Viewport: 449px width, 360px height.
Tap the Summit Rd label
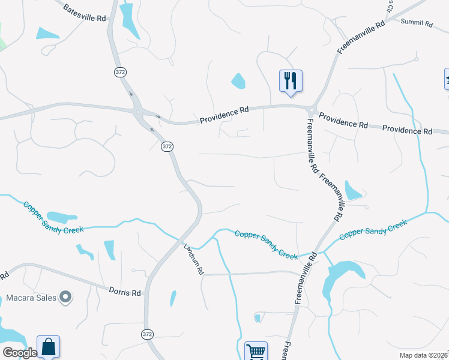click(417, 23)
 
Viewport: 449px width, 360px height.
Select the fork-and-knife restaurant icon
click(291, 80)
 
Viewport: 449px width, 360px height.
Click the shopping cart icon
click(256, 351)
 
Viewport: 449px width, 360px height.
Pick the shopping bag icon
click(48, 347)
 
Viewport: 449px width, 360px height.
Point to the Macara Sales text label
click(31, 298)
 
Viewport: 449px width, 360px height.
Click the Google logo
click(19, 353)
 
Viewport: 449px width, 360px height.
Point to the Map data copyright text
click(424, 355)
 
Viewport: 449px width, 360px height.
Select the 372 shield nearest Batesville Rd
click(120, 72)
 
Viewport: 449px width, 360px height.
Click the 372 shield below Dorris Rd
click(147, 333)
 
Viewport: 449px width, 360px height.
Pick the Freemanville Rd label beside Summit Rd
click(360, 38)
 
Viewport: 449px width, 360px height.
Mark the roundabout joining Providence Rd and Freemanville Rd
click(312, 110)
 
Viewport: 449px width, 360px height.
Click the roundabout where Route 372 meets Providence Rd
click(140, 112)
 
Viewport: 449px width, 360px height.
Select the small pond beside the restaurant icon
click(238, 81)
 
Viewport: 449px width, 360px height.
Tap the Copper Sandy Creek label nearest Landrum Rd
click(266, 244)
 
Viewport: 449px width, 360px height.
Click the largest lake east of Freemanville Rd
click(341, 277)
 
